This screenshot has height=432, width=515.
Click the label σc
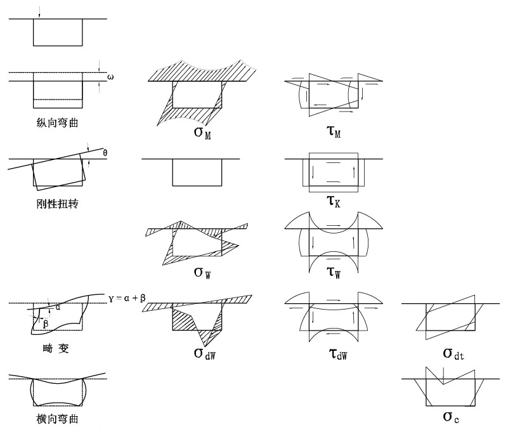pyautogui.click(x=450, y=417)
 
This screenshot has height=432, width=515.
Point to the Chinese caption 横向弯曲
pyautogui.click(x=57, y=419)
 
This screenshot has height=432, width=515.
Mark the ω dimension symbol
pyautogui.click(x=110, y=77)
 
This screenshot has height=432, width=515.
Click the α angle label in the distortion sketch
pyautogui.click(x=58, y=307)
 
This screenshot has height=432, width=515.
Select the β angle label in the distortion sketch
pyautogui.click(x=46, y=323)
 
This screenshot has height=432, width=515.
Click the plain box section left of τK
pyautogui.click(x=197, y=172)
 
